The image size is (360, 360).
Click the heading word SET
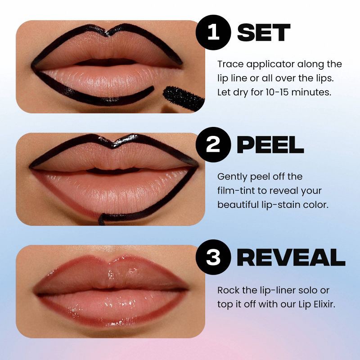coord(264,32)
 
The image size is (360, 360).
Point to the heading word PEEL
coord(270,145)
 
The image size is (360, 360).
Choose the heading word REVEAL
coord(291,257)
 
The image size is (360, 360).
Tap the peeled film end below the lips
coord(103,219)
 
